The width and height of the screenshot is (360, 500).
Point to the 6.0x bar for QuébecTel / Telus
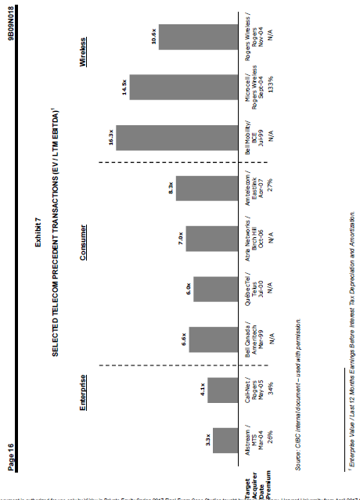(218, 286)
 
